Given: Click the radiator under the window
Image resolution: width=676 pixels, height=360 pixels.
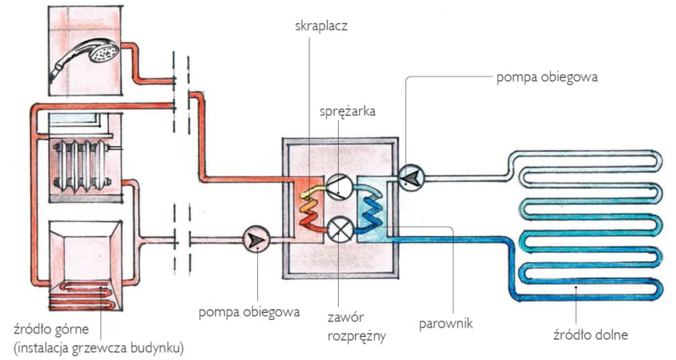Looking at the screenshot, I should point(81,165).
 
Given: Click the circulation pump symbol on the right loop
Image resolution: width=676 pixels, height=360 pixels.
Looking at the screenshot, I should point(411,178).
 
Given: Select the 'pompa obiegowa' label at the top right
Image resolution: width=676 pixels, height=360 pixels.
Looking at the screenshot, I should point(547,78).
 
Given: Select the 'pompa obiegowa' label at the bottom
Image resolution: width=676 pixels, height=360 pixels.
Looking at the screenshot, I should point(249,312).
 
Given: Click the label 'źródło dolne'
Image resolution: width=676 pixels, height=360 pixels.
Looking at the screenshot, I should point(590,334).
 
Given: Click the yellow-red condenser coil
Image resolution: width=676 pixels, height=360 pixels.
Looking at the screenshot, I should point(309,207).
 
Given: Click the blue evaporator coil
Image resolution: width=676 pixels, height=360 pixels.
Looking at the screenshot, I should point(373,206).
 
